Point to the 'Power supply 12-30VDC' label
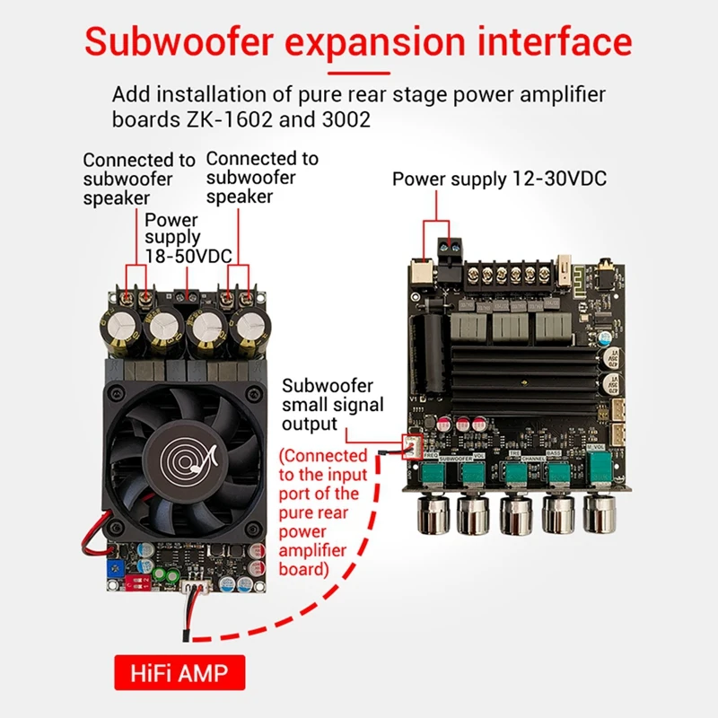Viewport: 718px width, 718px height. [499, 179]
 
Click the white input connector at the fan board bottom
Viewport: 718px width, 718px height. [196, 588]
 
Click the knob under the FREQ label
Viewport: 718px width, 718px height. [429, 514]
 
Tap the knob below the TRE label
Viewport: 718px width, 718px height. [515, 514]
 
